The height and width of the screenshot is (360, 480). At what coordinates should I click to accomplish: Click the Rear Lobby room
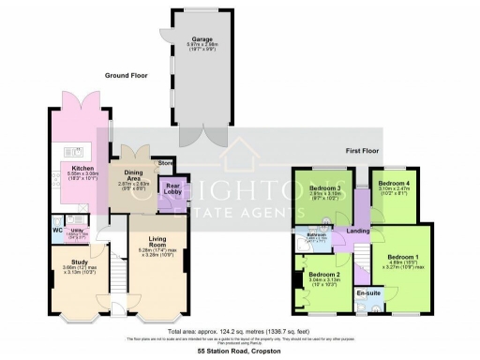[172, 188]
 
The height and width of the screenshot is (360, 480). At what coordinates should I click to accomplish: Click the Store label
[165, 163]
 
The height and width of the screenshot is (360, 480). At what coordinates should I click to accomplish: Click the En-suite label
[369, 294]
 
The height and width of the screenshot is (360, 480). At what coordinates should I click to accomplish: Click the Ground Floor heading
[127, 75]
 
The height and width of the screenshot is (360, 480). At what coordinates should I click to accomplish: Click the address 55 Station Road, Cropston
[240, 352]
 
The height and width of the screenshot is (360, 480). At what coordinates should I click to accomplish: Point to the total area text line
[240, 329]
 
